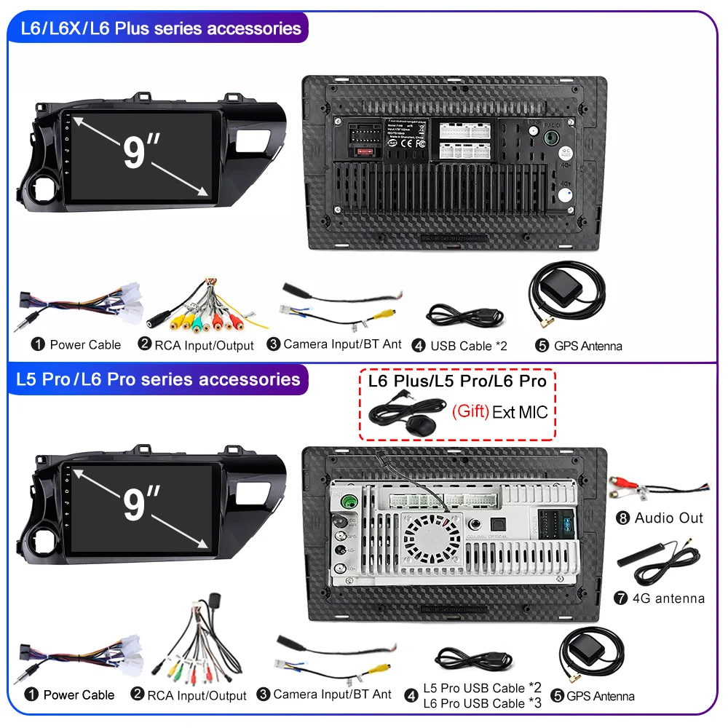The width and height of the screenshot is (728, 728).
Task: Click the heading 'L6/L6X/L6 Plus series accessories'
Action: tap(160, 29)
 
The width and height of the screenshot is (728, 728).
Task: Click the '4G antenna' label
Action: tap(669, 598)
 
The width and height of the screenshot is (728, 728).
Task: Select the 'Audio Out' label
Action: tap(669, 518)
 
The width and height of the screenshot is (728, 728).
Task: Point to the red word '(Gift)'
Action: tap(470, 411)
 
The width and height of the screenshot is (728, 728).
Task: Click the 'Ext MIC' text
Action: tap(520, 412)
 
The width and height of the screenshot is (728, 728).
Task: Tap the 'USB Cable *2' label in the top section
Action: tap(468, 346)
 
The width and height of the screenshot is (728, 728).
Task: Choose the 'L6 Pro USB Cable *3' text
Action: tap(483, 703)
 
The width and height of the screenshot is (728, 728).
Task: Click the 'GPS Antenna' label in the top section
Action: tap(588, 346)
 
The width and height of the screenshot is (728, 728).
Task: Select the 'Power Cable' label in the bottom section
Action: tap(79, 695)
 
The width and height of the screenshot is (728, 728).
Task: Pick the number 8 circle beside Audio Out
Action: tap(622, 518)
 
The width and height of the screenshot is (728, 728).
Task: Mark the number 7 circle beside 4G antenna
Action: tap(621, 598)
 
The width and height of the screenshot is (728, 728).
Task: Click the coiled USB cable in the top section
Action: tap(463, 316)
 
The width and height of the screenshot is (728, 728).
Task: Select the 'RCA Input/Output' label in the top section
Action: tap(204, 345)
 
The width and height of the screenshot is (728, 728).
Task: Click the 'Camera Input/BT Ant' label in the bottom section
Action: tap(332, 695)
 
